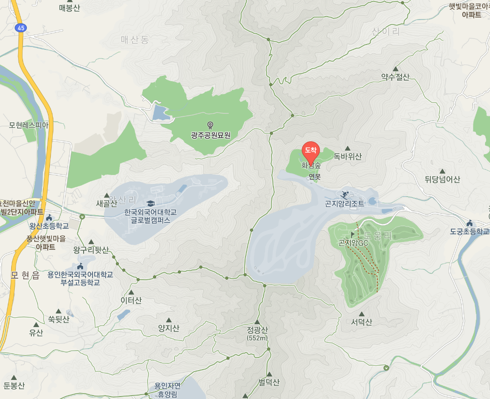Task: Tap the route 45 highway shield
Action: (x=20, y=28)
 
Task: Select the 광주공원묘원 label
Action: (x=211, y=135)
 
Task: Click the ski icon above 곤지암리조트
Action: (x=345, y=194)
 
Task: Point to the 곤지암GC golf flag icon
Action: (x=353, y=235)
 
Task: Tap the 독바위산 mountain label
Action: (x=348, y=157)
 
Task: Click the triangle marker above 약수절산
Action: (x=395, y=69)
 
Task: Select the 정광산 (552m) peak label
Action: (x=257, y=333)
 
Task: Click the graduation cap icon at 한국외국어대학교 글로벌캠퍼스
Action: (x=150, y=203)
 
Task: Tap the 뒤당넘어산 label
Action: (x=443, y=179)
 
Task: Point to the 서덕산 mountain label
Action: (x=361, y=322)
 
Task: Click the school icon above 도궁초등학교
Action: (x=469, y=223)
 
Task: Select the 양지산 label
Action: (x=169, y=329)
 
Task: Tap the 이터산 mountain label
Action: (x=131, y=300)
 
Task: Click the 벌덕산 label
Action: (x=269, y=382)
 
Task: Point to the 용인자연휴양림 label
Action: (x=167, y=390)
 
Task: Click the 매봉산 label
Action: (x=69, y=8)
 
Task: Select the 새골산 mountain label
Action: (x=107, y=204)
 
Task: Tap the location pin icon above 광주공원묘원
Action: (x=211, y=125)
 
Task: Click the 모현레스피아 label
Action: (x=29, y=125)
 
